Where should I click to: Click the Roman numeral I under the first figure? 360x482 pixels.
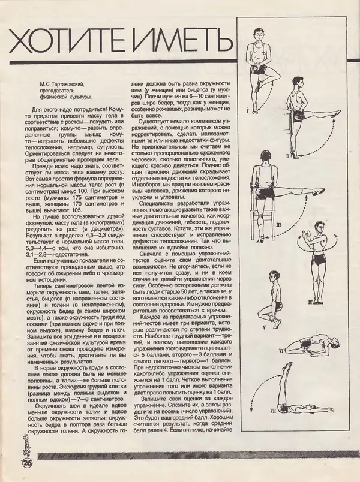point(247,112)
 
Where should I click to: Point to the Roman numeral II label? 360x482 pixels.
point(287,155)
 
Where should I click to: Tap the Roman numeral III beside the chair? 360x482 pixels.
point(277,223)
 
